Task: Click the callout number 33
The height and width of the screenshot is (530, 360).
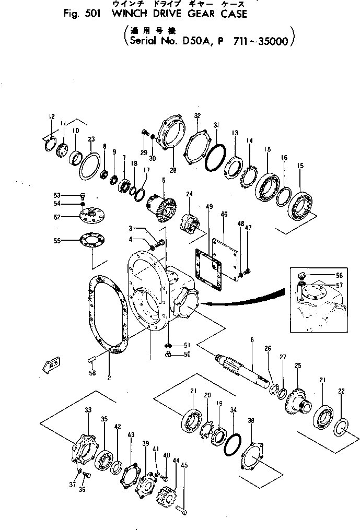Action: [87, 410]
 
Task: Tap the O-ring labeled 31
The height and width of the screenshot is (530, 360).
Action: [215, 156]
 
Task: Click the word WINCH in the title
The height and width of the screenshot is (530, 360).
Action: [126, 14]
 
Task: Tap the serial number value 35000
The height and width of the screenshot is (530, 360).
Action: [270, 41]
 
